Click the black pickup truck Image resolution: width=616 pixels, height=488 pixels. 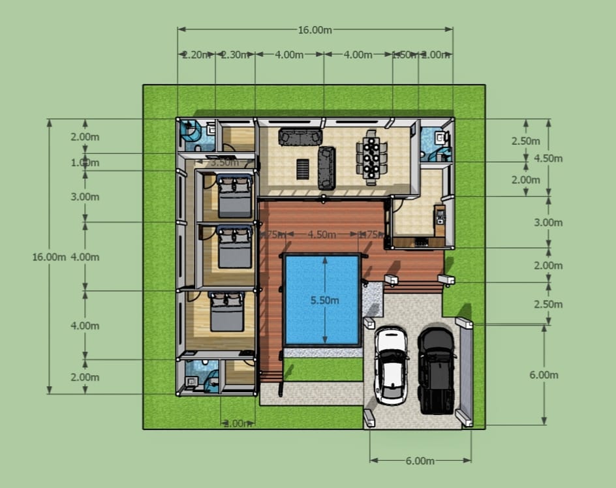point(435,369)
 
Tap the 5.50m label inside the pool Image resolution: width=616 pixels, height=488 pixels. point(324,300)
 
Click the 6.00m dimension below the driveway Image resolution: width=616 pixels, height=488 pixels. point(420,461)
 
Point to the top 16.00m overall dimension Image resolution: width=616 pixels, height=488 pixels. point(315,30)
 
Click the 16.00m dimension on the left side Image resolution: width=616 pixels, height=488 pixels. point(49,256)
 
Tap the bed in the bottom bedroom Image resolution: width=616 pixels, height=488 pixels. point(227,312)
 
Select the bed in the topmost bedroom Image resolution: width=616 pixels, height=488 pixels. point(234,196)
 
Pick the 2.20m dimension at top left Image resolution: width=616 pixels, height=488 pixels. point(196,55)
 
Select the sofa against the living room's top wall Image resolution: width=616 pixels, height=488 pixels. point(300,137)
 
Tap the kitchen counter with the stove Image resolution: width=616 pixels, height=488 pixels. point(421,241)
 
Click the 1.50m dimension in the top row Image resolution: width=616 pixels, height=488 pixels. point(404,55)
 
